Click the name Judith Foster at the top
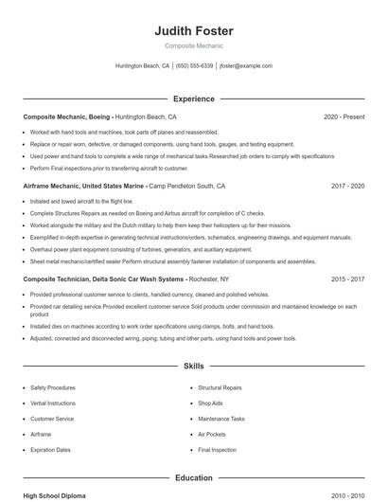193,31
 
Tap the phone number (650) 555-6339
194,66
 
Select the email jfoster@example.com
245,66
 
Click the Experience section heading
193,99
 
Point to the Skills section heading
193,365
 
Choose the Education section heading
193,478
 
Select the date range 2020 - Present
344,117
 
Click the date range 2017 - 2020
347,187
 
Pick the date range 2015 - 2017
347,279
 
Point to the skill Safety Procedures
53,387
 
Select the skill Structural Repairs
220,387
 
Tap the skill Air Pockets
212,434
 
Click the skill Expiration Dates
50,450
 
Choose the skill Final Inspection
217,450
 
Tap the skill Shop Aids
211,403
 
